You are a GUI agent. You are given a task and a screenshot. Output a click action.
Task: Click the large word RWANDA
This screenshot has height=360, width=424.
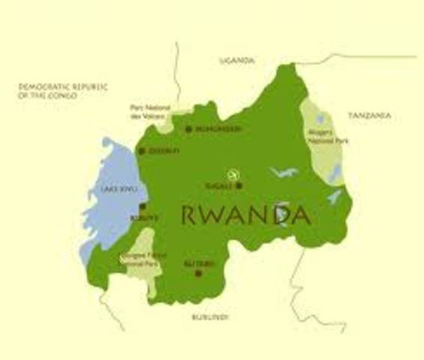(246, 214)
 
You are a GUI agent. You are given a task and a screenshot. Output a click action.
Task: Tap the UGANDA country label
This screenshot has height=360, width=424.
(237, 60)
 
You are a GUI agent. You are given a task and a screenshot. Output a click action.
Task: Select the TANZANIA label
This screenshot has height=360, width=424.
(370, 115)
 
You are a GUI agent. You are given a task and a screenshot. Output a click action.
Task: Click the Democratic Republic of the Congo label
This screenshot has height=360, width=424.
(64, 91)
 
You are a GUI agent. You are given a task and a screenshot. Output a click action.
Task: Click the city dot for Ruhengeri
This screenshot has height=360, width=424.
(189, 129)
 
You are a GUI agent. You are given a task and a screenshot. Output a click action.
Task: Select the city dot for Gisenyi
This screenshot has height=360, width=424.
(140, 151)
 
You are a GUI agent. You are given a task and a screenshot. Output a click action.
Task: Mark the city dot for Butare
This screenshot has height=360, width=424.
(199, 273)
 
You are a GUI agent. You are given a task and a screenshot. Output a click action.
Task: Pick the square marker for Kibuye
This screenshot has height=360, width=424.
(143, 206)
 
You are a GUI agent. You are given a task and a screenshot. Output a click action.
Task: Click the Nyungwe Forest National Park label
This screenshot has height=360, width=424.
(139, 258)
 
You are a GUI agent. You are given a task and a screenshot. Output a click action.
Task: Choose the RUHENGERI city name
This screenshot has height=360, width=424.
(218, 130)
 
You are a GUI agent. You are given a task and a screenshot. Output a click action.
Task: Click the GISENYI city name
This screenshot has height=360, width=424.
(163, 151)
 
